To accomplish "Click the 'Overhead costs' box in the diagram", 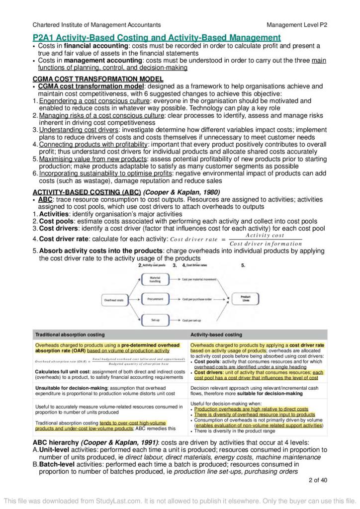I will pyautogui.click(x=113, y=300).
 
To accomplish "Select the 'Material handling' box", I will pyautogui.click(x=155, y=280).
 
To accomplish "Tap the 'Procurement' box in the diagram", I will pyautogui.click(x=155, y=300).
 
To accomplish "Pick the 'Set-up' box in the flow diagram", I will pyautogui.click(x=155, y=321).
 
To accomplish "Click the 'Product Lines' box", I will pyautogui.click(x=246, y=299).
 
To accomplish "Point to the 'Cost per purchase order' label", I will pyautogui.click(x=197, y=300).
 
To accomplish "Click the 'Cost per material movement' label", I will pyautogui.click(x=200, y=280).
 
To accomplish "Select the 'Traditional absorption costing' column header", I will pyautogui.click(x=70, y=335).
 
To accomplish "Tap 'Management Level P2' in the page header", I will pyautogui.click(x=297, y=24).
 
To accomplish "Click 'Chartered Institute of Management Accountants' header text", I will pyautogui.click(x=96, y=24).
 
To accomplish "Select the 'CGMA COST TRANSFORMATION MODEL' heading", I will pyautogui.click(x=97, y=79).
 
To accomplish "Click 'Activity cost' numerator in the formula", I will pyautogui.click(x=265, y=235).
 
